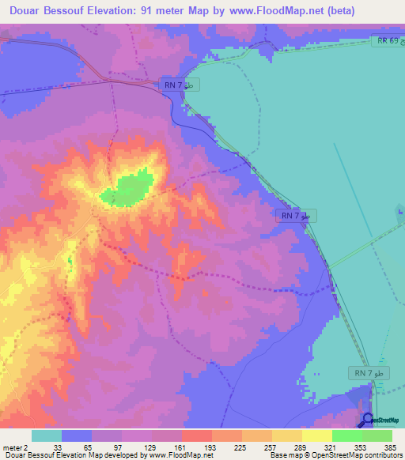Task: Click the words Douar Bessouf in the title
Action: coord(49,11)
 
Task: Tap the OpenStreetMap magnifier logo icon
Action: coord(367,420)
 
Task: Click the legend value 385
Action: coord(392,446)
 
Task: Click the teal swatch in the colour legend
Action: coord(47,435)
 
